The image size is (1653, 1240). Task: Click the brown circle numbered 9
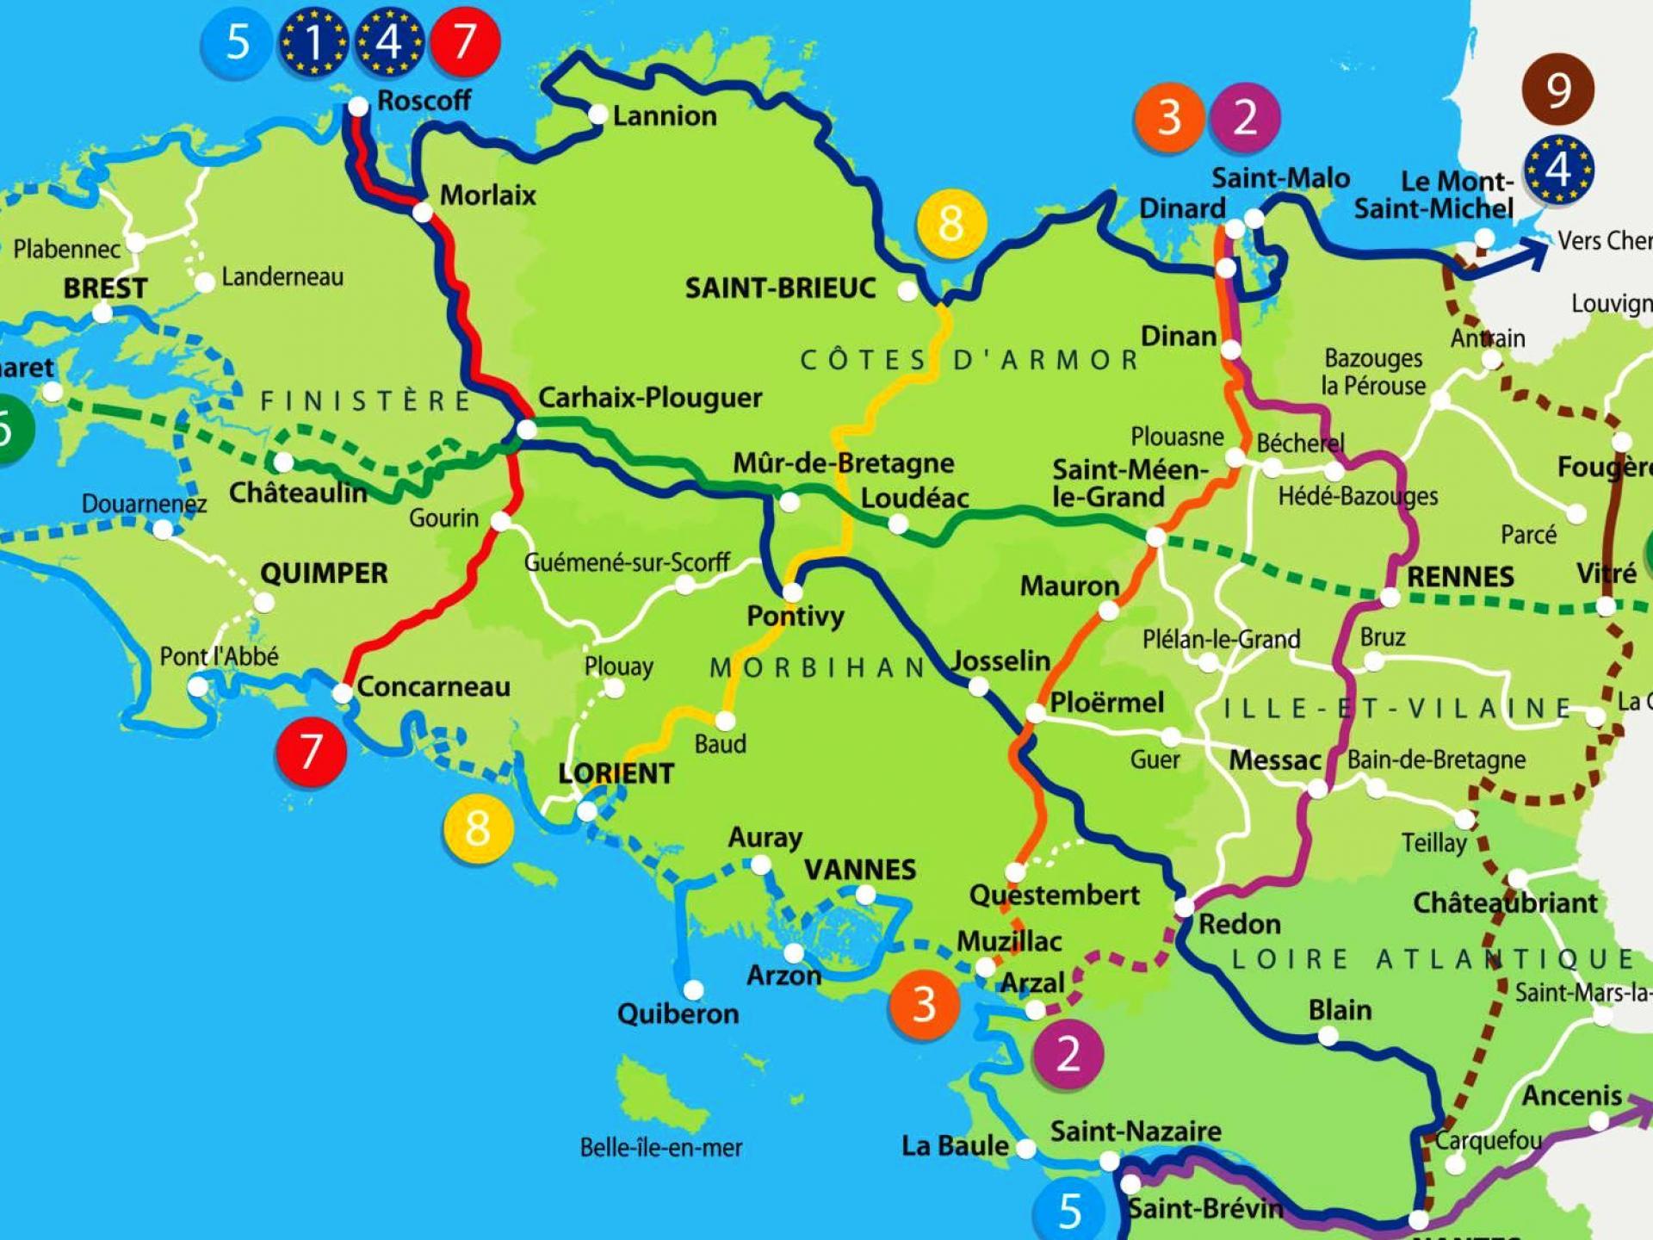point(1558,89)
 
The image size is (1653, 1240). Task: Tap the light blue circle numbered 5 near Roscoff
point(237,43)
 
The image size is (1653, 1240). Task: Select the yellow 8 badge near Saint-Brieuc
point(950,223)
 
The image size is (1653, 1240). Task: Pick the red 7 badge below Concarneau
point(311,752)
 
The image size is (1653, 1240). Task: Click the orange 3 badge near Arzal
point(924,1004)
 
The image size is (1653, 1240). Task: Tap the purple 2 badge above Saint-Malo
point(1245,117)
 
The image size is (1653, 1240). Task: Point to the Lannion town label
point(664,115)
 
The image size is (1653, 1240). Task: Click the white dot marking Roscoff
point(357,106)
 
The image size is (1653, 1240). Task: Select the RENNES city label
point(1459,576)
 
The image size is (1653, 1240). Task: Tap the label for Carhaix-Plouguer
point(650,398)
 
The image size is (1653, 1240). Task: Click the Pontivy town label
point(795,616)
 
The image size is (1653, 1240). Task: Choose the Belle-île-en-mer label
point(660,1147)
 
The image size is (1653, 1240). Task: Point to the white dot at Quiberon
point(693,990)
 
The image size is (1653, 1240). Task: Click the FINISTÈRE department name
point(366,401)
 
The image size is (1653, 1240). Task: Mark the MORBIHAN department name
point(817,667)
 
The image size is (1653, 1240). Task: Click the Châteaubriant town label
point(1505,902)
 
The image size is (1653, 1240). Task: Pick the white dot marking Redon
point(1185,907)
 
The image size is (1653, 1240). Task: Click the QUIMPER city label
point(324,573)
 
